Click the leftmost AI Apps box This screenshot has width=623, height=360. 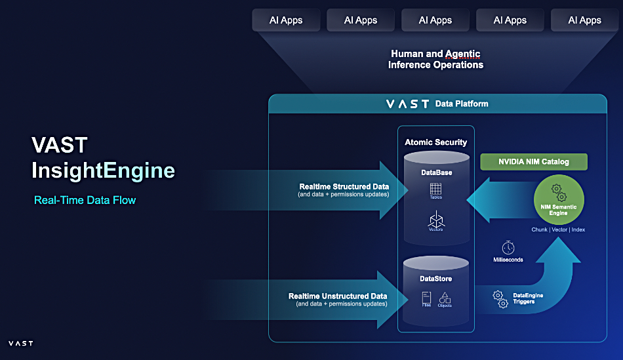(286, 20)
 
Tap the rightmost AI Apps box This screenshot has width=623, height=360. (584, 20)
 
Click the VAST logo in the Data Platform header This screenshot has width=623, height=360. (407, 104)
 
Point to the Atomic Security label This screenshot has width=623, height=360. (435, 142)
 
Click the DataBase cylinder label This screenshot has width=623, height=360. (436, 172)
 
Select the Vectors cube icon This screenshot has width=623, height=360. (436, 220)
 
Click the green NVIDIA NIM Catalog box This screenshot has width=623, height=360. (533, 162)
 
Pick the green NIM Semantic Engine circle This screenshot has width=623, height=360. (559, 199)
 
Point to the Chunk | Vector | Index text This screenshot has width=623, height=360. (559, 230)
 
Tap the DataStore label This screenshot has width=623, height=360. (436, 279)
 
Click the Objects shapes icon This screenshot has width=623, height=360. (445, 299)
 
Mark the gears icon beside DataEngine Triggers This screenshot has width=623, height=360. (500, 299)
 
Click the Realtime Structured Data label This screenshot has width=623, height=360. (344, 187)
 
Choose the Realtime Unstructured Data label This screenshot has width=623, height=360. (338, 296)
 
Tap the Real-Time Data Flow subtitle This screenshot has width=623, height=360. (85, 200)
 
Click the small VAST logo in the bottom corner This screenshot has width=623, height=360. (20, 343)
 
